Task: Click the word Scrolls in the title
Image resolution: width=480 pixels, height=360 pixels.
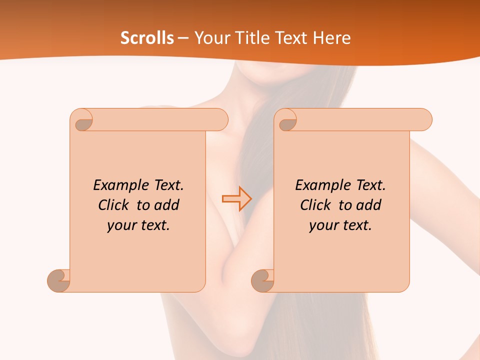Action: (x=147, y=38)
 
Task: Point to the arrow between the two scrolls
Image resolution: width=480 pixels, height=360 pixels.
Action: (x=236, y=198)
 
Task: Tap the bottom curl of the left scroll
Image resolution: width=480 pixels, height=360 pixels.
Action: (x=59, y=280)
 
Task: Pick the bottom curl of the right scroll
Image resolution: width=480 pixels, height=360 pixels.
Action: (x=263, y=280)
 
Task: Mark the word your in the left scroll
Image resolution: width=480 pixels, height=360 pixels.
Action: (x=121, y=226)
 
